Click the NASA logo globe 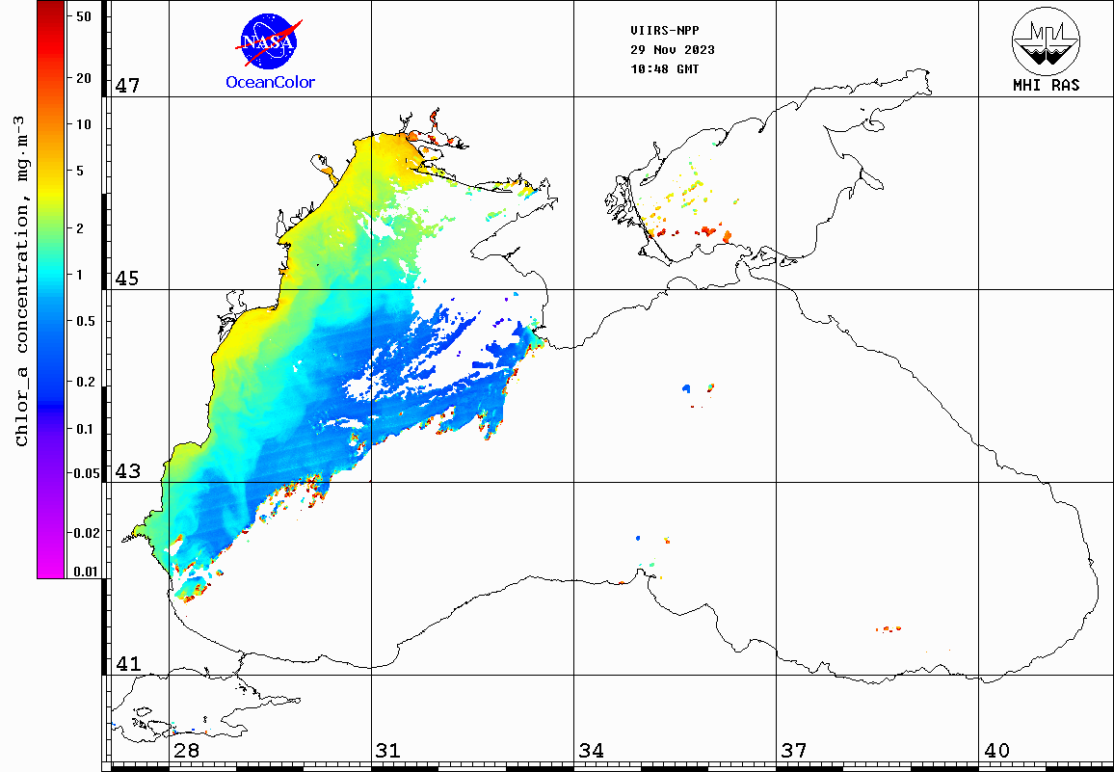tap(268, 40)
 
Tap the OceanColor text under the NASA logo tap(270, 83)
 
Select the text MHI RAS tap(1046, 85)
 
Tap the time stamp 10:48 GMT tap(665, 69)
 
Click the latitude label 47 tap(127, 86)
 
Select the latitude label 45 tap(127, 279)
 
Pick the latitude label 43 tap(127, 471)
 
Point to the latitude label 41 tap(127, 664)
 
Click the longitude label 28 tap(186, 750)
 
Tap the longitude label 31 tap(388, 750)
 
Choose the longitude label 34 tap(591, 750)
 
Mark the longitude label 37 tap(793, 750)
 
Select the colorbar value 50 tap(83, 15)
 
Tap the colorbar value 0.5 tap(85, 321)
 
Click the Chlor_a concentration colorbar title tap(22, 280)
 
